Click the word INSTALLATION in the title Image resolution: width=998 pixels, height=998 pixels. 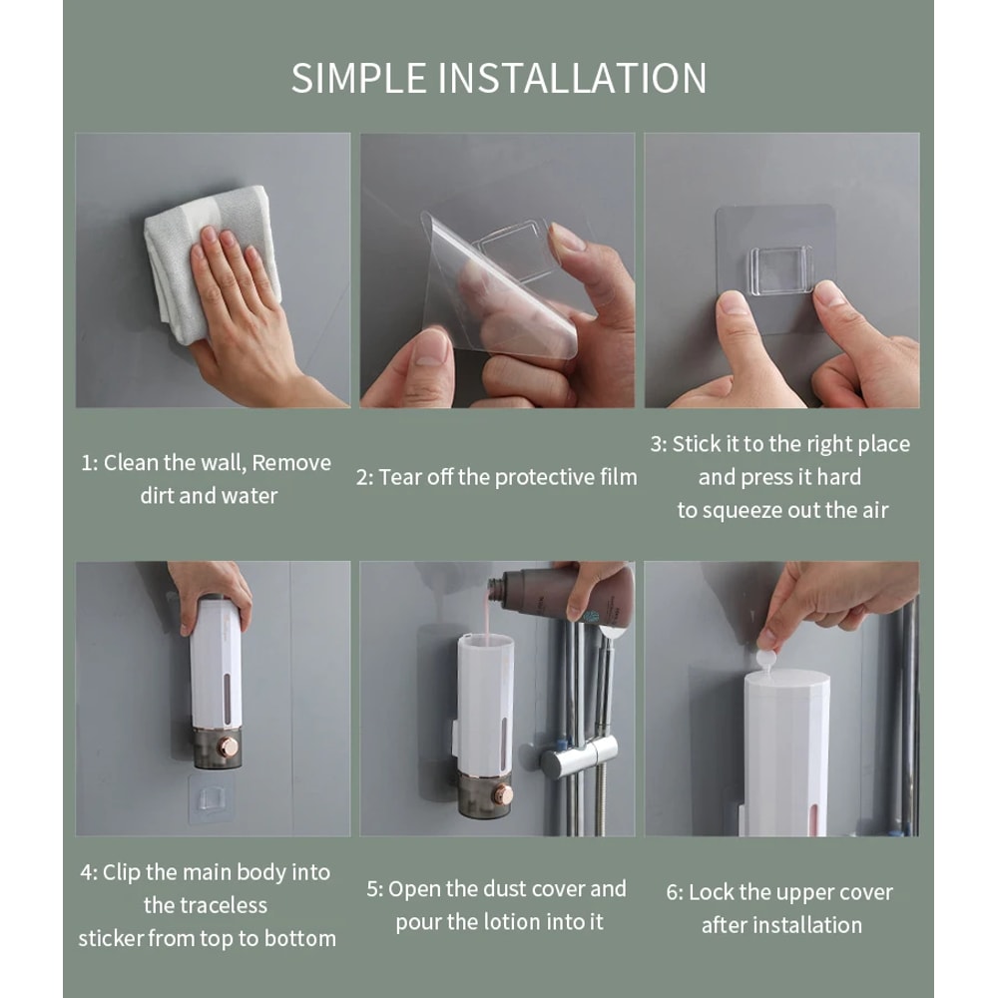[573, 78]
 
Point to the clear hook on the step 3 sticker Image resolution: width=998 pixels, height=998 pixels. [780, 270]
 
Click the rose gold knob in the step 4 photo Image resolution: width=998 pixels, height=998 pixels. [229, 747]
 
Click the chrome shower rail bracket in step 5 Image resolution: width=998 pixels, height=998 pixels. [580, 761]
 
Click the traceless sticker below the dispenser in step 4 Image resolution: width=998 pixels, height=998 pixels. [213, 799]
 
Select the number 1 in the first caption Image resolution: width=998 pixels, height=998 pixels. [87, 463]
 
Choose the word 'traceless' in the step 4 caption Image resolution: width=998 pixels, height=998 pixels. [206, 905]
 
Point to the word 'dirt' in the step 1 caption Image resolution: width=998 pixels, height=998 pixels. [157, 496]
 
